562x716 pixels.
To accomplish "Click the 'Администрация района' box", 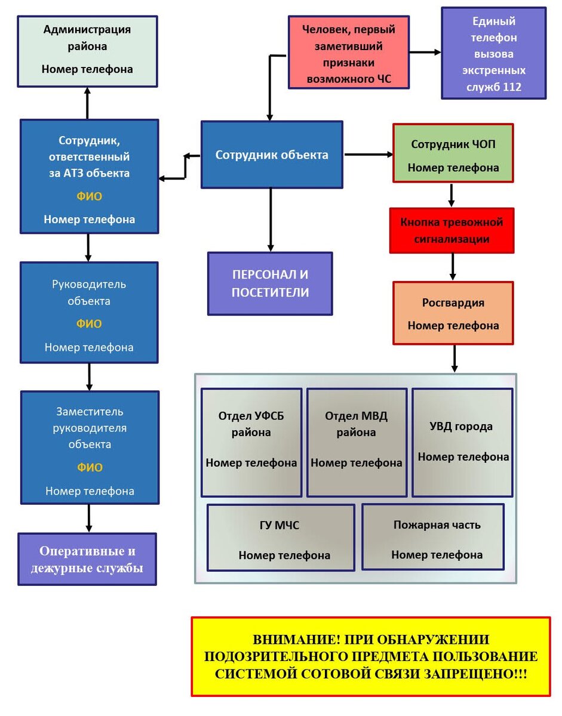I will click(x=87, y=51).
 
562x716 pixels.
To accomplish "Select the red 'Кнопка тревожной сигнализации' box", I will click(x=452, y=230).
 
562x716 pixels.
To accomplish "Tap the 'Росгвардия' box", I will click(x=453, y=313).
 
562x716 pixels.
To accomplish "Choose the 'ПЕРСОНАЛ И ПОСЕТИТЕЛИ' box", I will click(x=270, y=283).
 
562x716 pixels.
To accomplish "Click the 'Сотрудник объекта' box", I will click(x=272, y=155).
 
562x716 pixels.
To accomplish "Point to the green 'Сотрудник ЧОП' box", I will click(x=453, y=153).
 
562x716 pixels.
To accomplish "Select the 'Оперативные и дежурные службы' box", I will click(x=87, y=559).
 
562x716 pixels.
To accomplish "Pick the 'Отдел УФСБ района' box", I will click(x=251, y=442).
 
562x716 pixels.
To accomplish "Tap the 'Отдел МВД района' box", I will click(x=357, y=442).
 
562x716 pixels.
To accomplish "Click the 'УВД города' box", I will click(x=462, y=442).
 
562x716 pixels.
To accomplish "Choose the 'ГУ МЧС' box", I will click(x=281, y=537).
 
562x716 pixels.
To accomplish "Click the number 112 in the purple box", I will click(x=512, y=87).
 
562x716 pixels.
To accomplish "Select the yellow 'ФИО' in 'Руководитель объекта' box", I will click(x=89, y=324).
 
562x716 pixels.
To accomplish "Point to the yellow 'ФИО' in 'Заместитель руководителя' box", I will click(x=90, y=467).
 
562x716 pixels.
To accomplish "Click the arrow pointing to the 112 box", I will click(x=425, y=53).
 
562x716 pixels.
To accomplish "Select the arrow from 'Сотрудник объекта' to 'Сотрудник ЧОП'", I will click(x=368, y=155).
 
